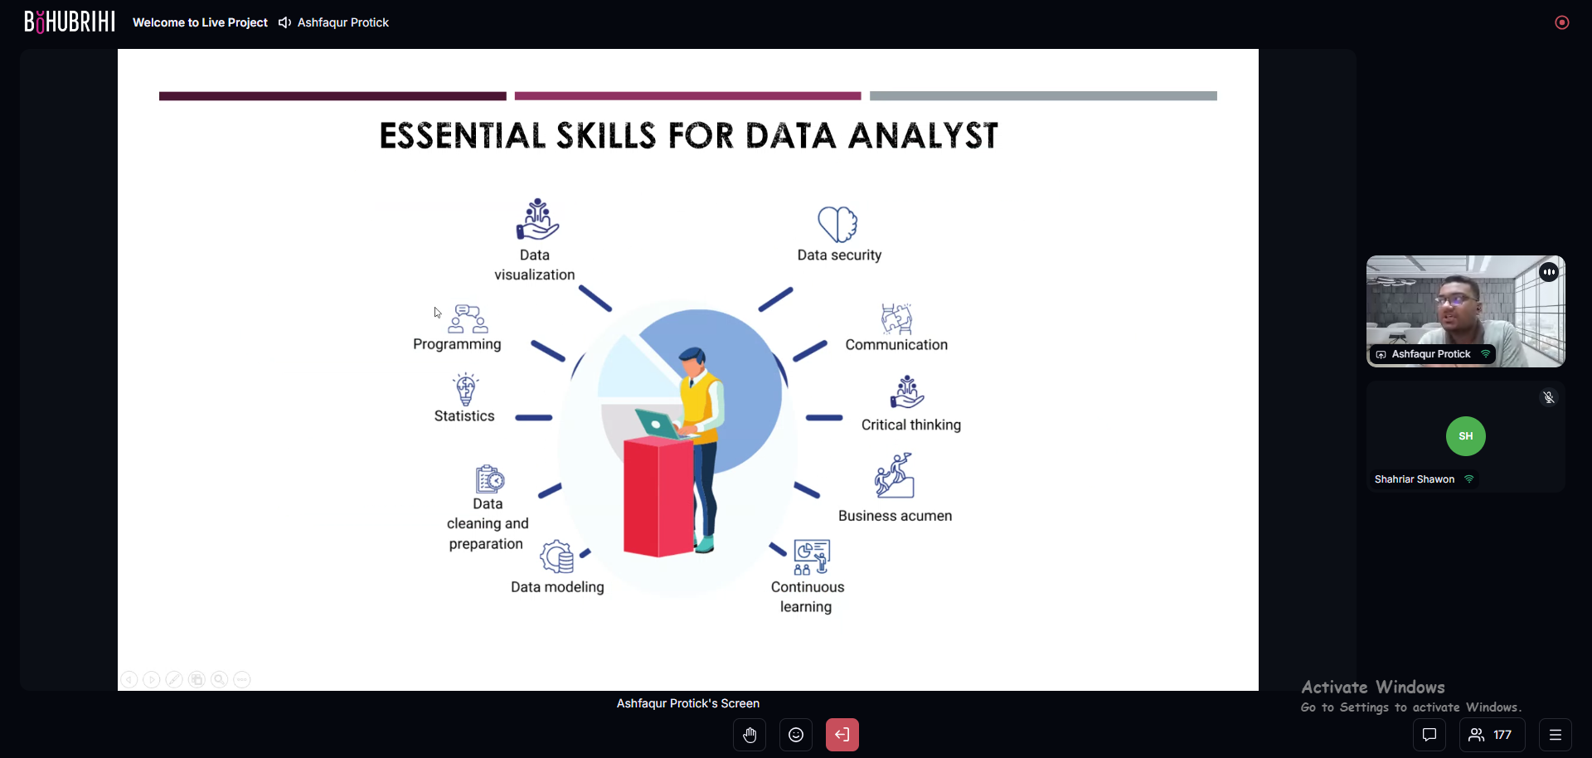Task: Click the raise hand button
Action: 750,735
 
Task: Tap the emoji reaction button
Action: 796,735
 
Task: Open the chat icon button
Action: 1429,735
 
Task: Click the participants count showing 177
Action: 1492,735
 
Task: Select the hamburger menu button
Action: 1556,735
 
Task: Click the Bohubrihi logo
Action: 70,22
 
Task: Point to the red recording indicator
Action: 1562,22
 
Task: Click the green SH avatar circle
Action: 1466,436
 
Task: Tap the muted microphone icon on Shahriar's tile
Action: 1549,397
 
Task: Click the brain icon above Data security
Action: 837,224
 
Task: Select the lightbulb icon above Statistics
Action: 466,390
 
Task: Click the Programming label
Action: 457,344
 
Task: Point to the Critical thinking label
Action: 911,425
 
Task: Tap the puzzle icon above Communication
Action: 896,318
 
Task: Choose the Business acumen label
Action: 895,516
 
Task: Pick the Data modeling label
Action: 557,587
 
